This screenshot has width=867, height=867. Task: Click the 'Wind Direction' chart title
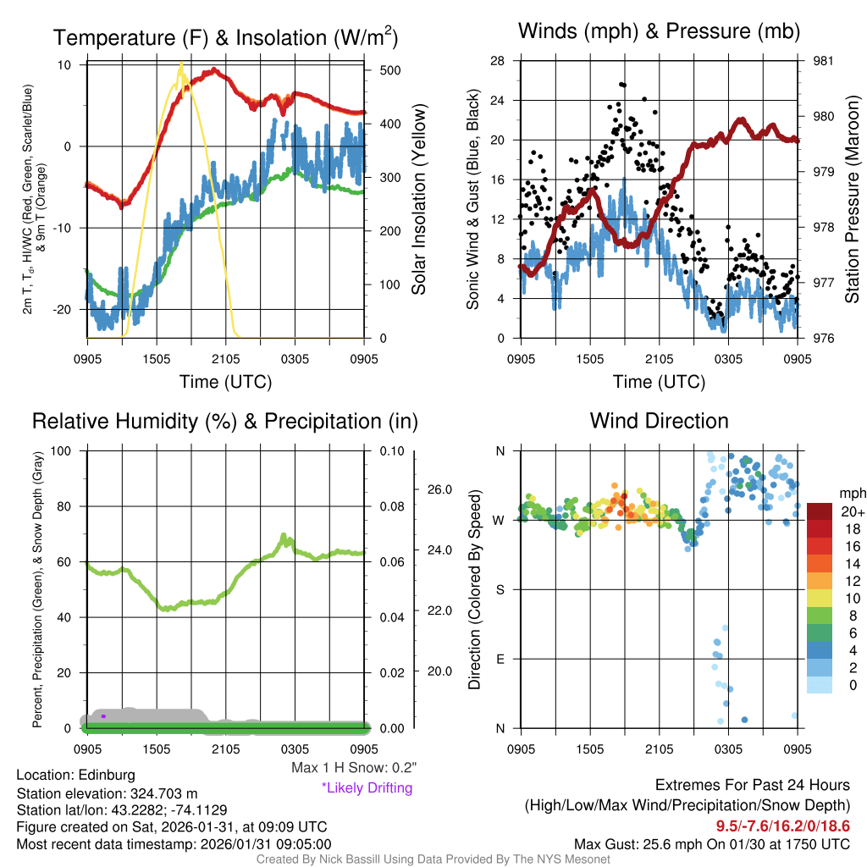click(659, 421)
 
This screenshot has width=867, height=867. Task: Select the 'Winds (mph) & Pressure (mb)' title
click(659, 31)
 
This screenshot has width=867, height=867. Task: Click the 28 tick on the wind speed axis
click(497, 61)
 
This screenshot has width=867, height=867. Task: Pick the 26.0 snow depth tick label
click(438, 489)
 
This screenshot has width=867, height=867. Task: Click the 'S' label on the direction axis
click(500, 589)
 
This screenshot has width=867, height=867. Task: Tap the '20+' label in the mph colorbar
click(851, 512)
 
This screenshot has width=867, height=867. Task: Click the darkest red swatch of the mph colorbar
click(820, 511)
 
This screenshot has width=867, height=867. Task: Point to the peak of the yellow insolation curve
click(180, 65)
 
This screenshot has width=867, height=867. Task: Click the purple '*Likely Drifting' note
click(367, 788)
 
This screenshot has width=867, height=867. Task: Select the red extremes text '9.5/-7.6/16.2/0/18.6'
click(783, 826)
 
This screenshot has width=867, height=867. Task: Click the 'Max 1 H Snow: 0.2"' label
click(354, 768)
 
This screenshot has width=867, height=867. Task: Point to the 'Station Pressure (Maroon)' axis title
click(853, 200)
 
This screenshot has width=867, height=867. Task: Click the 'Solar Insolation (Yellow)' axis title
click(419, 200)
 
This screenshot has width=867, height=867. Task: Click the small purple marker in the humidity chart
click(103, 716)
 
